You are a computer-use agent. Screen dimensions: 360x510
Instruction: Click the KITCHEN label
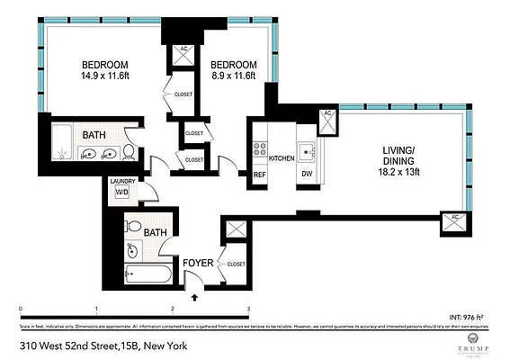coord(282,157)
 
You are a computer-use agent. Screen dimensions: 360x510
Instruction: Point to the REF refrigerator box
coord(259,175)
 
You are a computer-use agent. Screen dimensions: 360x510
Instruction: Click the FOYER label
coord(197,264)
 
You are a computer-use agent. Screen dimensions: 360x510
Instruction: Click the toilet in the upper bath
coord(130,151)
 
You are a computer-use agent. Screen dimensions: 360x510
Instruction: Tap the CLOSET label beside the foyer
coord(237,265)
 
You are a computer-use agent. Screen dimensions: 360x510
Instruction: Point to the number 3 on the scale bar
coord(247,309)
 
